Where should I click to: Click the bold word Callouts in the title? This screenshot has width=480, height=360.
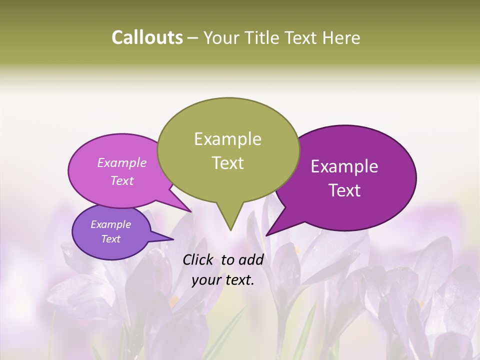[147, 37]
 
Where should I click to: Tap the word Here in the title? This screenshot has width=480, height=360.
[341, 38]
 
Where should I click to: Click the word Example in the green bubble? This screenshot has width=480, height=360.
[227, 139]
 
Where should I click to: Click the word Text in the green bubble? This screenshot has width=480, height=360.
[227, 163]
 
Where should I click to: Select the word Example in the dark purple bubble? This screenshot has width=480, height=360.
[344, 166]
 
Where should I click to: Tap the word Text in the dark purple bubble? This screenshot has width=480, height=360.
[345, 190]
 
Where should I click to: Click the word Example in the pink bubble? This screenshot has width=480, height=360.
[122, 162]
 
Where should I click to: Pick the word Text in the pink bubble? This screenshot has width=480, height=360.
[122, 180]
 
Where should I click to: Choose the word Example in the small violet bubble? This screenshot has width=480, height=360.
[110, 224]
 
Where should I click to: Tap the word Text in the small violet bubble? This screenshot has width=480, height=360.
[110, 239]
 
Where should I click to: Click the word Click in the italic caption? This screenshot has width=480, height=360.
[199, 259]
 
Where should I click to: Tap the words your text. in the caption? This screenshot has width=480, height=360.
[222, 280]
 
